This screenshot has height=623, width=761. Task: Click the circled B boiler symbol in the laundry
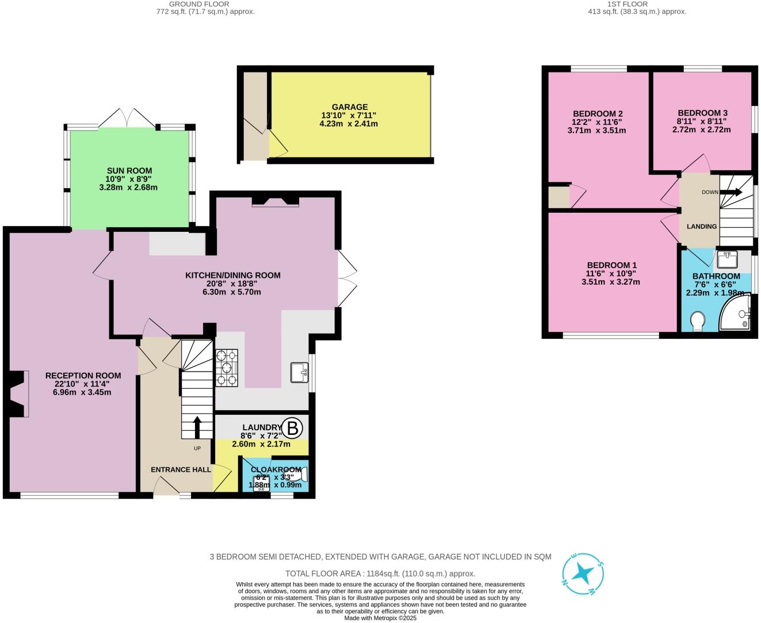click(293, 428)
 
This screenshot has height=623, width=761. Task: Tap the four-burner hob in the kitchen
click(227, 368)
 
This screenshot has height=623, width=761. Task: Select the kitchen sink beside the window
click(299, 373)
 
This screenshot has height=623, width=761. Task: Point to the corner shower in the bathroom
click(737, 314)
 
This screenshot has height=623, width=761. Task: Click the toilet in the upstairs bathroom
click(697, 322)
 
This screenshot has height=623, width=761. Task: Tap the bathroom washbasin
click(728, 259)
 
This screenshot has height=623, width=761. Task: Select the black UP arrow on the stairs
click(197, 428)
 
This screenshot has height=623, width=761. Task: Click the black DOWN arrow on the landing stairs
click(731, 192)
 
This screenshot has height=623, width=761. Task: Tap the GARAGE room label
click(350, 107)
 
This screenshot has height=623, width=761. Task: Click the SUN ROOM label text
click(129, 170)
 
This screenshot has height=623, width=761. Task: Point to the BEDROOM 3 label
click(702, 113)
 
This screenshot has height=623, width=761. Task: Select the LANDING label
click(702, 226)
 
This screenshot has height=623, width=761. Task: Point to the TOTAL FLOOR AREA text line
click(380, 574)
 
